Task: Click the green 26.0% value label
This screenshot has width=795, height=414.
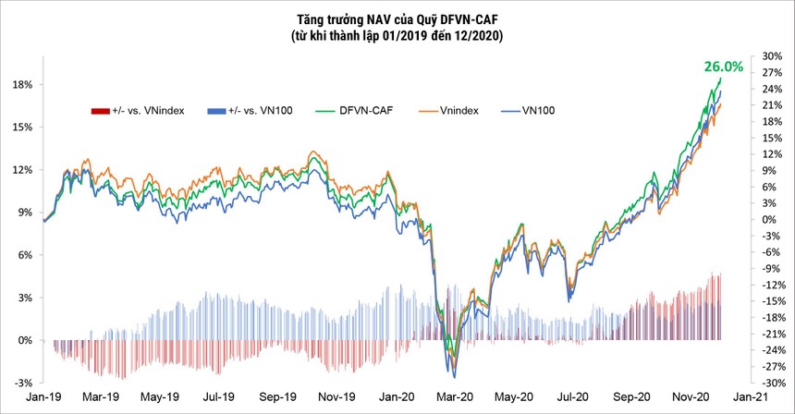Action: tap(724, 67)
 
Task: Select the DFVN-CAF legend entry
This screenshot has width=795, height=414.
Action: tap(368, 111)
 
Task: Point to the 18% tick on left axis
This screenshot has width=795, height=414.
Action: tap(22, 84)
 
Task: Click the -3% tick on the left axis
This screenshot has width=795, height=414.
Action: tap(22, 383)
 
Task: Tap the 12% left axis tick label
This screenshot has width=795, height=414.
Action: tap(22, 170)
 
